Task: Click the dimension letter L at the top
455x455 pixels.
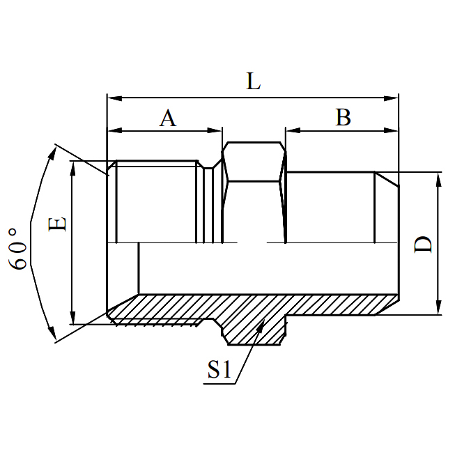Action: (x=253, y=82)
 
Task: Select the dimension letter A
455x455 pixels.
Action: (x=167, y=118)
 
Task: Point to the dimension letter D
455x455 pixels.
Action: (x=423, y=245)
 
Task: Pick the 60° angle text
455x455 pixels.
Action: (x=20, y=247)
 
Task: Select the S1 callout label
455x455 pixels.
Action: (x=219, y=371)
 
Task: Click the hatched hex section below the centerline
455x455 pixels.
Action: (x=254, y=321)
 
